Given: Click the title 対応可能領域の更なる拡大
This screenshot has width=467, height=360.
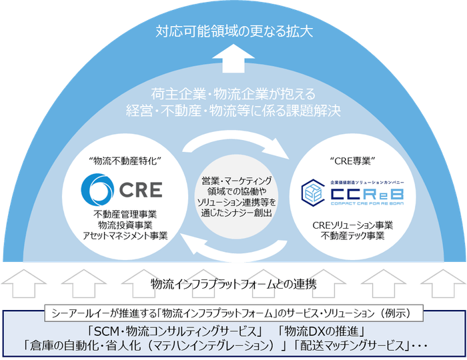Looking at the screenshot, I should (233, 31).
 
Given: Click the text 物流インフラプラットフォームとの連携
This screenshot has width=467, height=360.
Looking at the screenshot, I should (233, 283).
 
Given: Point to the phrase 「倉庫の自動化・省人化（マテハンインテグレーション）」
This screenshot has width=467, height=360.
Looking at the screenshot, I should (154, 346).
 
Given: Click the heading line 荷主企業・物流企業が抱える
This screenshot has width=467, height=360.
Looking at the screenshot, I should (233, 93).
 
